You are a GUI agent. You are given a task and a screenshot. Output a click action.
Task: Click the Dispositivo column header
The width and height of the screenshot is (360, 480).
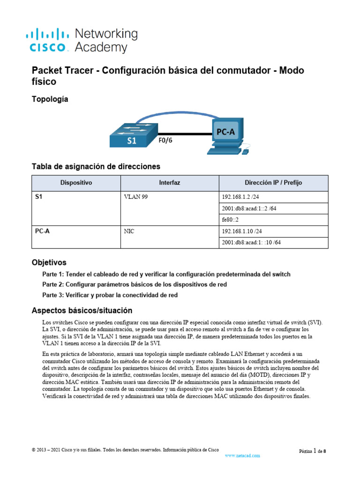click(76, 182)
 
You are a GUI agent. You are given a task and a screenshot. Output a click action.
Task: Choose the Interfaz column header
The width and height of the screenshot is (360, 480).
click(169, 182)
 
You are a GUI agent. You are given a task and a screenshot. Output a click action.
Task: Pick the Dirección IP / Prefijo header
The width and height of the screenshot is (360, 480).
click(272, 182)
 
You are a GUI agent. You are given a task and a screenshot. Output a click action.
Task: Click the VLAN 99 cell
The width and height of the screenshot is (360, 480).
click(136, 197)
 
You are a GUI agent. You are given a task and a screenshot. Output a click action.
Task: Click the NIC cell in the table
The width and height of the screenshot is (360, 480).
click(129, 231)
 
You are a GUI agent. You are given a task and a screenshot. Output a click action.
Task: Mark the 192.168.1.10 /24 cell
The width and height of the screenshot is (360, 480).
click(241, 231)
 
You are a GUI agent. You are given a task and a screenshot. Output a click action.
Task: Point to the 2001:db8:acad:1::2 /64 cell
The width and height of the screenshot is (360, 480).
click(248, 208)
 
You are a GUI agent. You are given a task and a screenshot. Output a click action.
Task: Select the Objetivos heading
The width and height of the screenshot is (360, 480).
click(49, 262)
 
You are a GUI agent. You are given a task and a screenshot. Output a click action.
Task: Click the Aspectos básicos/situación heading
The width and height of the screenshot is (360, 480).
click(82, 310)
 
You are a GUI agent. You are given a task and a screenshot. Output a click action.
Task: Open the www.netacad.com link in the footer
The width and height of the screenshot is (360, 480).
click(242, 455)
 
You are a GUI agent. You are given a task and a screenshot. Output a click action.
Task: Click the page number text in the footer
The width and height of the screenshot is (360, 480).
click(313, 451)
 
